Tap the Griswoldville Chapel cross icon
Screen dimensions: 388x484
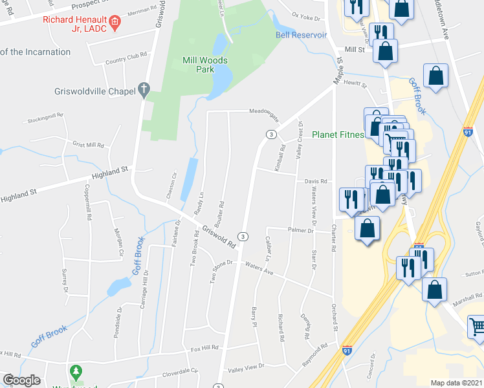tap(144, 90)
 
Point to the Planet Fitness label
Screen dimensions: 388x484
tap(337, 135)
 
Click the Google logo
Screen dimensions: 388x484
tap(21, 380)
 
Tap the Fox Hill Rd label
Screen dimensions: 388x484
tap(204, 348)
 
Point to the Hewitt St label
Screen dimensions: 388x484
tap(355, 85)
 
